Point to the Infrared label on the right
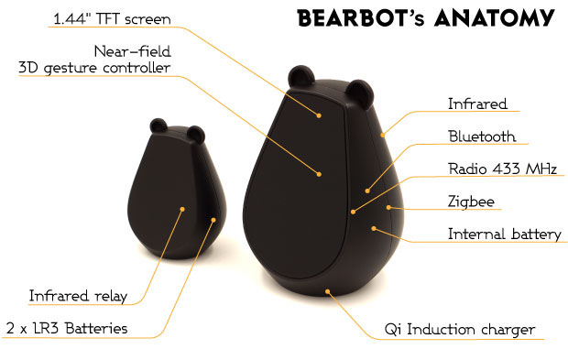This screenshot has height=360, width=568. pyautogui.click(x=476, y=104)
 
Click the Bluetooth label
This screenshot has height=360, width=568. pyautogui.click(x=481, y=136)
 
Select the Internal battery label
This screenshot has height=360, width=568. pyautogui.click(x=503, y=234)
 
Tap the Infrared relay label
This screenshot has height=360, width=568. pyautogui.click(x=77, y=296)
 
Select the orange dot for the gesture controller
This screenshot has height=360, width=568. pyautogui.click(x=320, y=173)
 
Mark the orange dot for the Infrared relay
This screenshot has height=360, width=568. pyautogui.click(x=182, y=209)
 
